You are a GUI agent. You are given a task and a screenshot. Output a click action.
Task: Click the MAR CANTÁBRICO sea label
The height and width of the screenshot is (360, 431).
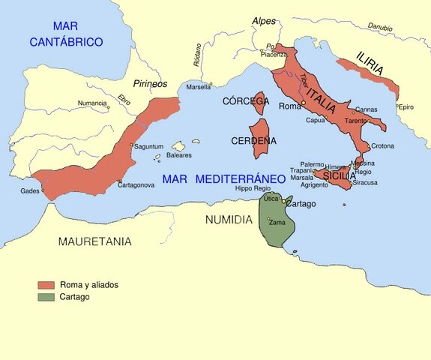point(66,34)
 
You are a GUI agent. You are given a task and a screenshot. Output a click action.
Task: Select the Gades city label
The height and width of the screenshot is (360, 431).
point(30,190)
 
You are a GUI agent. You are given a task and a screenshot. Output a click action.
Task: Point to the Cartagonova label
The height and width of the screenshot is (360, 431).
point(136,184)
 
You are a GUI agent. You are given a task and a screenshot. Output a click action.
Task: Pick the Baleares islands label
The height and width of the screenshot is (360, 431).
point(178,155)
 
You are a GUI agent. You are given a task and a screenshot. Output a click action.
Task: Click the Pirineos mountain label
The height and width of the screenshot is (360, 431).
point(149,85)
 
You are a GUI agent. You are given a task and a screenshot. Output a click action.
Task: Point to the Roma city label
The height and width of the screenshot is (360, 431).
point(289,106)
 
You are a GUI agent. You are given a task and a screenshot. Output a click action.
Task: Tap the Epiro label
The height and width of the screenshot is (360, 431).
point(406,107)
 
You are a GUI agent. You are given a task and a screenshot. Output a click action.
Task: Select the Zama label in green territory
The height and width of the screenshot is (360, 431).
point(276,223)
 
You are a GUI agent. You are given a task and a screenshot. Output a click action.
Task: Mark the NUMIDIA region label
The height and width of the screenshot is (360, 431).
point(228,220)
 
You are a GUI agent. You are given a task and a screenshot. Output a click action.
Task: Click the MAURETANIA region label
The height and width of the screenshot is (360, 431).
point(94,241)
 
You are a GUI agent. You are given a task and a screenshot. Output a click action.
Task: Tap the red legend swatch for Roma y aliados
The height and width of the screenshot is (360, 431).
point(46,285)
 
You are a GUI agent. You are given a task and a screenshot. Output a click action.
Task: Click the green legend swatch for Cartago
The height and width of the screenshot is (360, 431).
point(46,297)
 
